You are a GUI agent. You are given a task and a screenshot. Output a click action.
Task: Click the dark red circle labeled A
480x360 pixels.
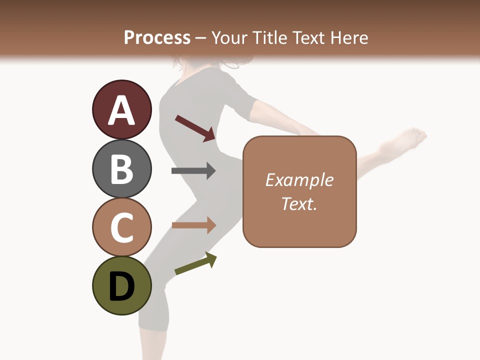pos(121,109)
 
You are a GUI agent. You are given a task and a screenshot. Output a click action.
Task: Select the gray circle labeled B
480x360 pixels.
pos(121,168)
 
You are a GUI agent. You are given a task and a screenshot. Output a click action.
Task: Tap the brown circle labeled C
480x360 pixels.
pos(121,227)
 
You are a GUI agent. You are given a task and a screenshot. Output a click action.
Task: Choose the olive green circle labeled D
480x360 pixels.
pos(121,286)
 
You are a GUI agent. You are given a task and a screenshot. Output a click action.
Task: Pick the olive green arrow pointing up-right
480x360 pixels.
pos(195,263)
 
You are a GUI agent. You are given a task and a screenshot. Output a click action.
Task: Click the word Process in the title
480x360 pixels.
pos(157,38)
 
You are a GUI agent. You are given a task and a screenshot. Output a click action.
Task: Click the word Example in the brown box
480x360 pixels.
pos(299,180)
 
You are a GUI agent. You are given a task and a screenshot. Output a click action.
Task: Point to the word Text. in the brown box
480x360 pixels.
pos(299,204)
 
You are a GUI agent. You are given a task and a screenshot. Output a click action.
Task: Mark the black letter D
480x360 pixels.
pos(121,287)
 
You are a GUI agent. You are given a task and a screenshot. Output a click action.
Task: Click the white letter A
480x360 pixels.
pos(121,110)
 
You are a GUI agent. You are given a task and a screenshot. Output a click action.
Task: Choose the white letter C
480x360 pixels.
pos(121,228)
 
